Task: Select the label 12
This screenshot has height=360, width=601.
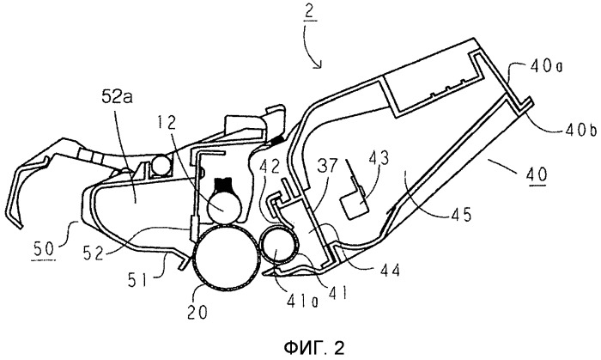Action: click(178, 114)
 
